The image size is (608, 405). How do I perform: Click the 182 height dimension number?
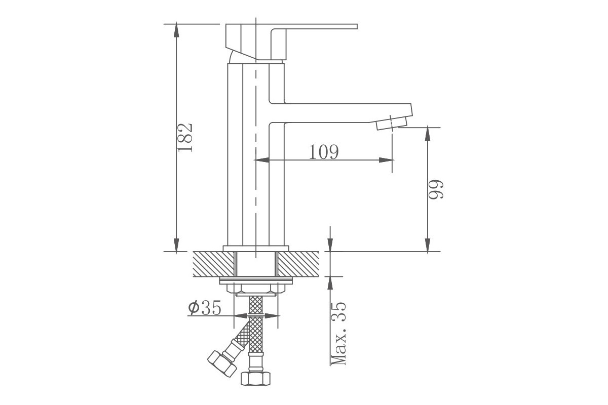185,138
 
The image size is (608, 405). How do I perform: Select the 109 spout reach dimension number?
324,152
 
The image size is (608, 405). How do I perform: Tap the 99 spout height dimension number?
436,189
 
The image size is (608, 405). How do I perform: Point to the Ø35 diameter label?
205,308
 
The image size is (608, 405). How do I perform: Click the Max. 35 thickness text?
338,334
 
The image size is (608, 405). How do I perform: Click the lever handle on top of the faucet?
291,42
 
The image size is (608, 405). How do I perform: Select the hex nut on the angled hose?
222,363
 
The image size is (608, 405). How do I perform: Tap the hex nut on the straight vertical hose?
256,378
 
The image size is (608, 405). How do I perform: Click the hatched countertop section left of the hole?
213,264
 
